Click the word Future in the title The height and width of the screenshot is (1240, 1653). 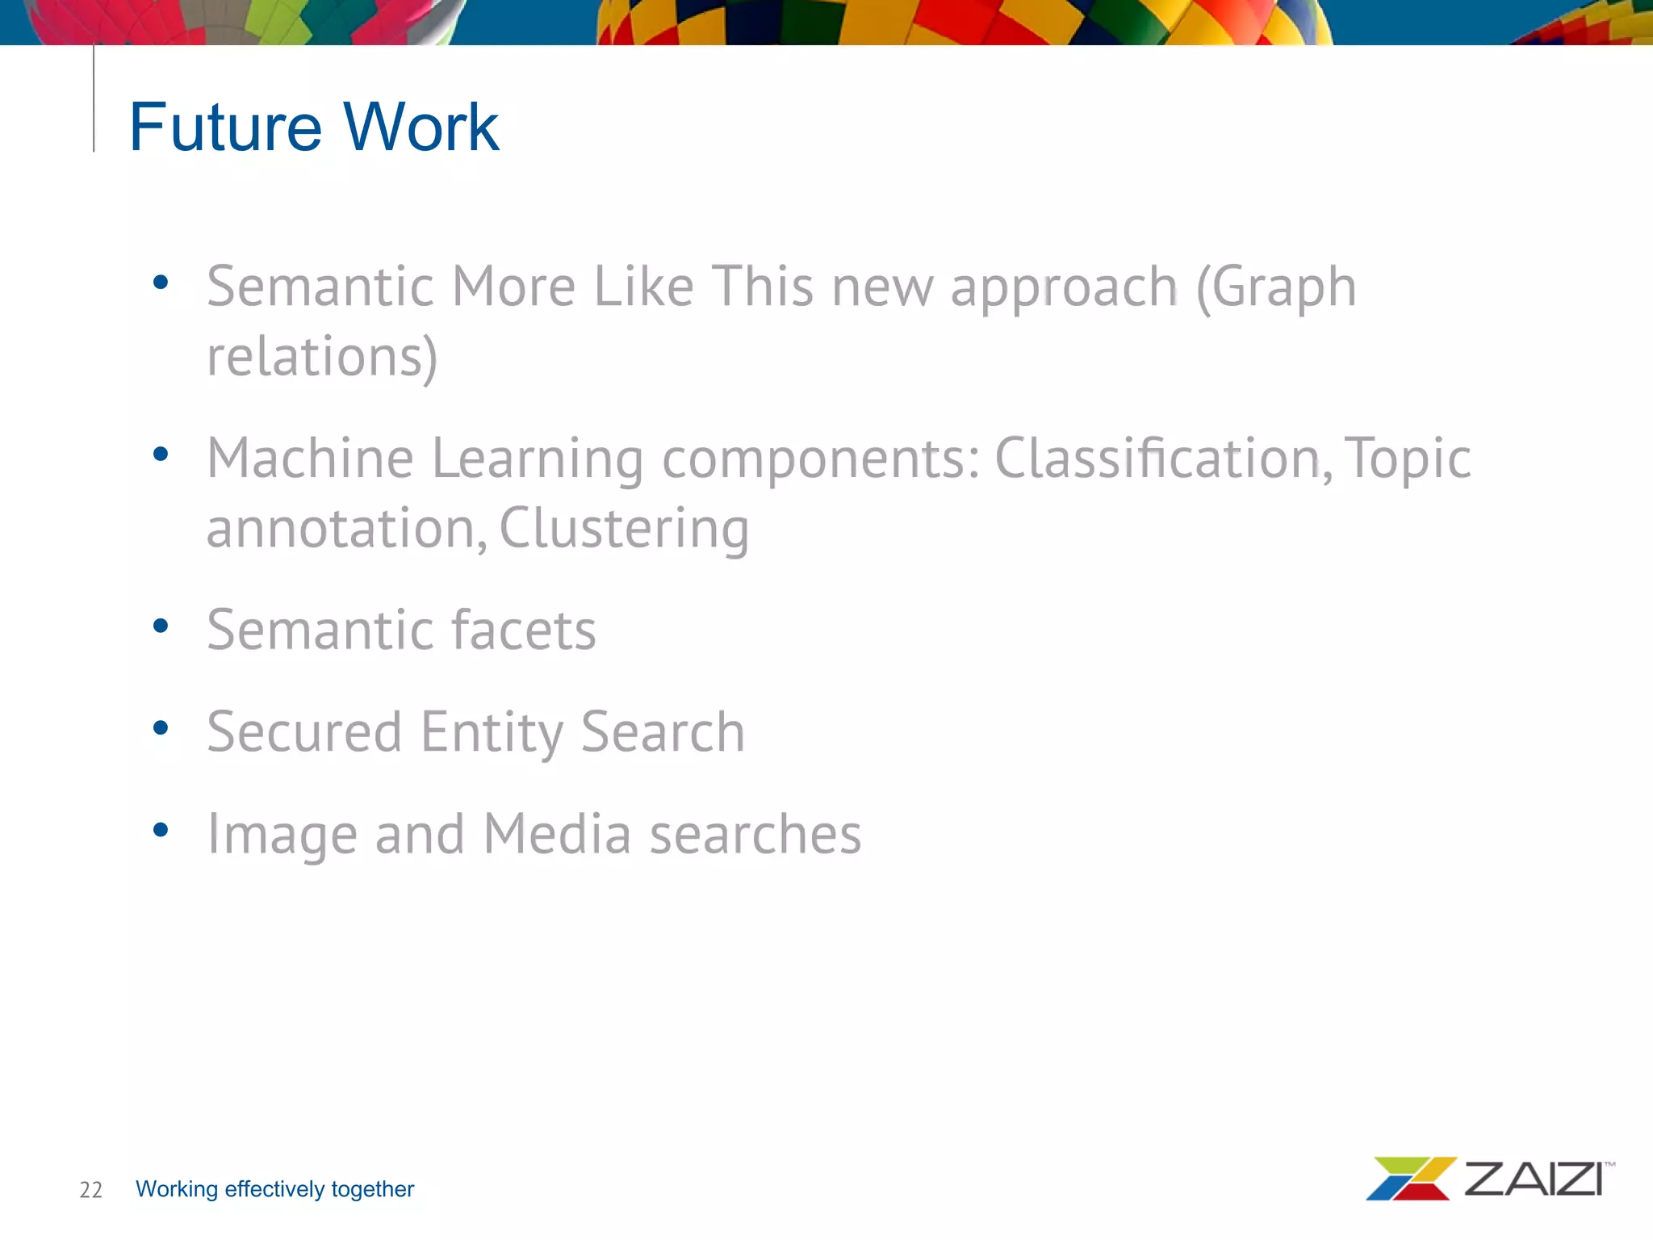(225, 127)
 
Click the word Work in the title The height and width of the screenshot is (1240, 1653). (421, 127)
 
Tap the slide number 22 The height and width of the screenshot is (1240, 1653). (90, 1189)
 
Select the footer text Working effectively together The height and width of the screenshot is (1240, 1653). (274, 1189)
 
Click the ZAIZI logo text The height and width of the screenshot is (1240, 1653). (1534, 1179)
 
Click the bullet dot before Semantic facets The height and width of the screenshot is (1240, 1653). (161, 626)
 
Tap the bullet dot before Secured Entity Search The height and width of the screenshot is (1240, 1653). (161, 728)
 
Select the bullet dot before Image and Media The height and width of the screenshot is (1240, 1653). (161, 830)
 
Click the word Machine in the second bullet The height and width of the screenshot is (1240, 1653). (311, 459)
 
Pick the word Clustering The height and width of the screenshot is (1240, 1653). (624, 529)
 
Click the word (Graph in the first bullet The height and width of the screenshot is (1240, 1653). (1275, 287)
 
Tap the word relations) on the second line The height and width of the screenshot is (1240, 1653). (322, 357)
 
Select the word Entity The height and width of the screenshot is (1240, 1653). (491, 732)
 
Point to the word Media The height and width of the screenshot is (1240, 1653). (557, 834)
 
